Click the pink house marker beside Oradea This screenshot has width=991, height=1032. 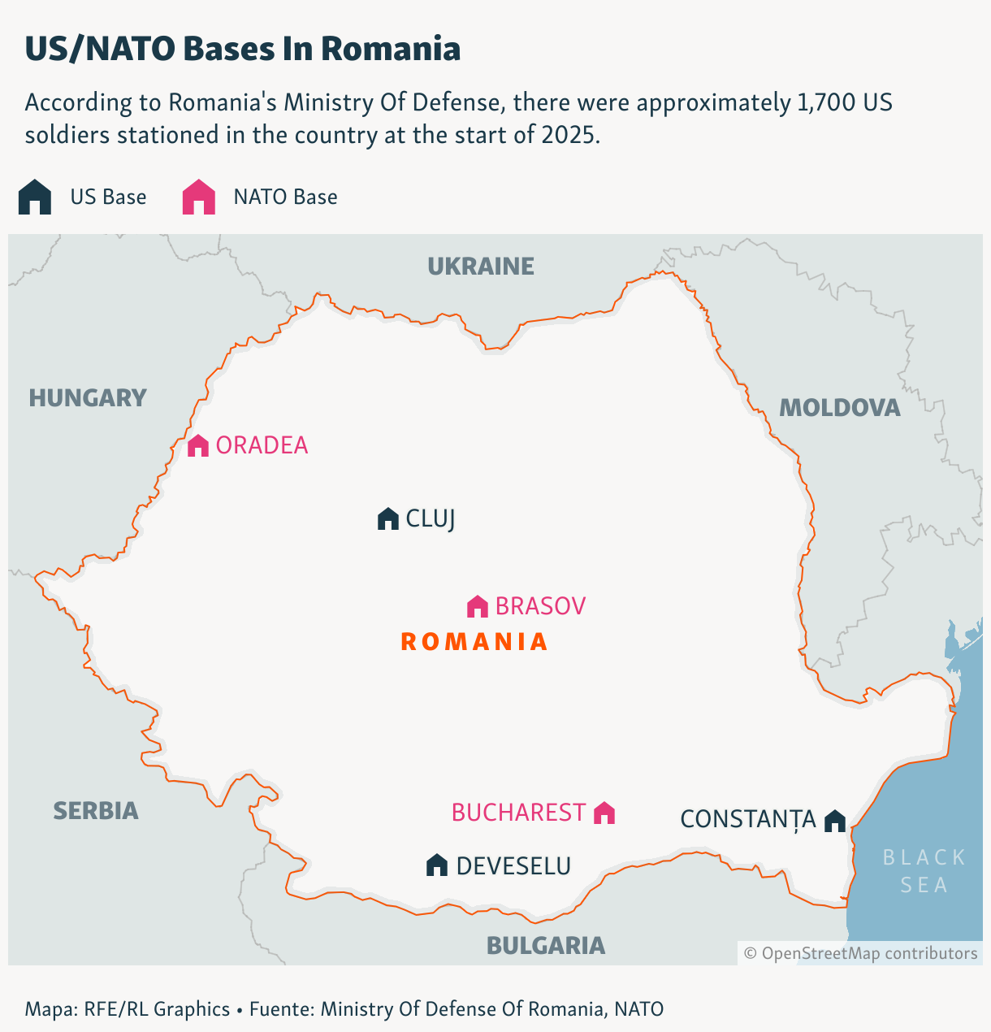point(198,445)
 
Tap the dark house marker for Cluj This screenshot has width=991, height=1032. point(388,518)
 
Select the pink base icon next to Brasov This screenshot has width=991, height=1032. point(478,606)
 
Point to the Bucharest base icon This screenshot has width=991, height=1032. point(604,813)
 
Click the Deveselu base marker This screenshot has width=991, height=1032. point(437,865)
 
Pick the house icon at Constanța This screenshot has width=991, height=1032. point(835,820)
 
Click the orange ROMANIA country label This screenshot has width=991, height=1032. point(474,642)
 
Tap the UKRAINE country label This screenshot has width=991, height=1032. point(481,267)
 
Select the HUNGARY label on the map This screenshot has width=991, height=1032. point(88,398)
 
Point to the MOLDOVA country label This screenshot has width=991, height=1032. point(840,408)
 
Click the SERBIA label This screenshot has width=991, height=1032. point(96,811)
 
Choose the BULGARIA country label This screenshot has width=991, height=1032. point(546,946)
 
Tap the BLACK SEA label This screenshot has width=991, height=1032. point(924,871)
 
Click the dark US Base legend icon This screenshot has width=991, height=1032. point(35,197)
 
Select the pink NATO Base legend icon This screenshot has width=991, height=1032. point(199,197)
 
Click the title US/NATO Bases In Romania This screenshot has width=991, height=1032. point(243,49)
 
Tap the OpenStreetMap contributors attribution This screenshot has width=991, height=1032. point(861,953)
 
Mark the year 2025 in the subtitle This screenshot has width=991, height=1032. point(568,135)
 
